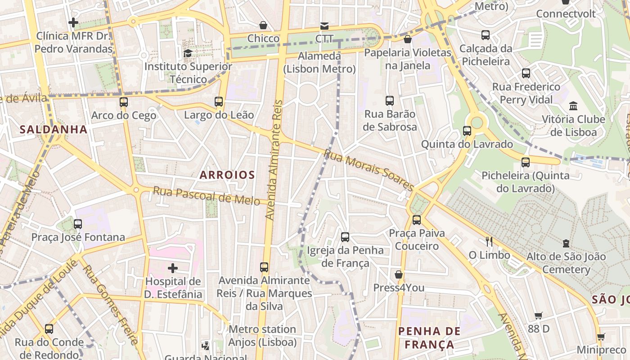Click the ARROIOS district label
(227, 175)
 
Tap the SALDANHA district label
(53, 130)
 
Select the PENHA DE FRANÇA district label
(429, 338)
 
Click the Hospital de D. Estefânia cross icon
(172, 269)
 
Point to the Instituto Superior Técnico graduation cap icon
(188, 54)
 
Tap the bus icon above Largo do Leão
(219, 102)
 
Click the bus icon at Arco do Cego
(124, 102)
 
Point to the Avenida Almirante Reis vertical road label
(275, 160)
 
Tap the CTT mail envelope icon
(324, 26)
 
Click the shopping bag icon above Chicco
(263, 25)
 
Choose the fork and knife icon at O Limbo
(489, 242)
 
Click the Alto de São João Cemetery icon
(566, 243)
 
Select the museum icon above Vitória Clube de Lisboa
(573, 106)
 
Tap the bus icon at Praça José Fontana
(78, 224)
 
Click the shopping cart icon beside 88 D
(538, 315)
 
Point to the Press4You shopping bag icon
(398, 274)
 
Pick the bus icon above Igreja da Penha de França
(345, 237)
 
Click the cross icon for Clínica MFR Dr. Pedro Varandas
(73, 22)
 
